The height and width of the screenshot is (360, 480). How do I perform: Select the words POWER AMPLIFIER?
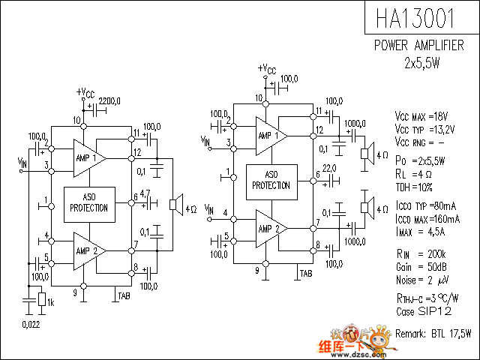418,46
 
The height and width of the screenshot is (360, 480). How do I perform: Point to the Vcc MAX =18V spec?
421,116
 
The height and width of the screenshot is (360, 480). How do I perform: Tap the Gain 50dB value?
421,267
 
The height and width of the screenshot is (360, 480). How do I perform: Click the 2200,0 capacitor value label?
109,100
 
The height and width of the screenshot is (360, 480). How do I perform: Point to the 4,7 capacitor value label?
145,193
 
